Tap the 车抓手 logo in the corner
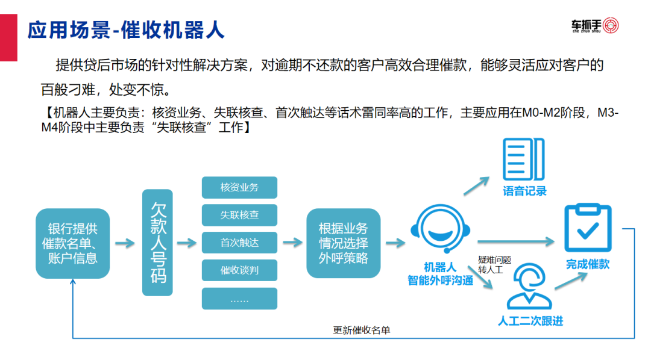coord(595,26)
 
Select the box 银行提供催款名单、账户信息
coord(72,243)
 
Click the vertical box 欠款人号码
coord(157,243)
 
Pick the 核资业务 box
coord(239,187)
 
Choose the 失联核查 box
coord(239,215)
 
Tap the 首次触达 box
coord(239,243)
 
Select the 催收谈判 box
coord(239,270)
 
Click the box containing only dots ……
coord(239,299)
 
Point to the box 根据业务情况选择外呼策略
coord(343,243)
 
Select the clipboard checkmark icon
coord(588,228)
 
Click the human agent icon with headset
coord(529,288)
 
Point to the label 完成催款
coord(588,264)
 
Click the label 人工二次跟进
coord(530,321)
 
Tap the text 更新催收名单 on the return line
coord(362,330)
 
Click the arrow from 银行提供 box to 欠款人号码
coord(125,243)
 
